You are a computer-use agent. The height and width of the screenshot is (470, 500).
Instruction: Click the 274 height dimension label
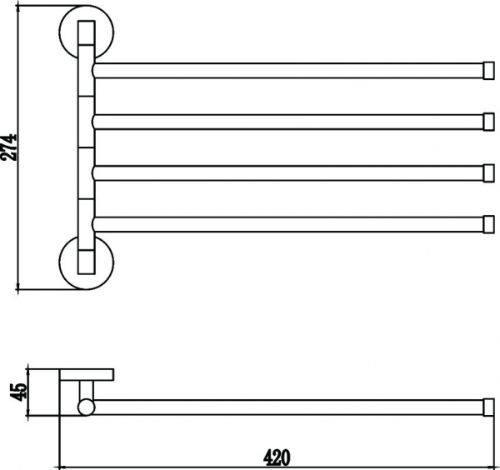[x=8, y=147]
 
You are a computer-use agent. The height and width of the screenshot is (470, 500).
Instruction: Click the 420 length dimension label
[x=277, y=457]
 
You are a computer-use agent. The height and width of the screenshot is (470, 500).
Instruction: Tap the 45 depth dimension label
[x=17, y=392]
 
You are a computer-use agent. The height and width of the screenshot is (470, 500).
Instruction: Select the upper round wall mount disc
[x=87, y=32]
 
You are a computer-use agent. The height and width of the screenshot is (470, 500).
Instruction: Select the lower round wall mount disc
[x=87, y=262]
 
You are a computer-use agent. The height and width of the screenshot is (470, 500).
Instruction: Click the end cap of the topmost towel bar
[x=489, y=71]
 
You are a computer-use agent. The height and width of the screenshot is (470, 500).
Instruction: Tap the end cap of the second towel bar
[x=489, y=122]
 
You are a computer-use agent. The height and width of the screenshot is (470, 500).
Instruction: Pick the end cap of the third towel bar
[x=489, y=173]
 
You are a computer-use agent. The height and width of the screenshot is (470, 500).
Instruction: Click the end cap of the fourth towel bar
[x=489, y=224]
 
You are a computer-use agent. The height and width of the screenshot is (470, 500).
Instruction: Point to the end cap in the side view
[x=489, y=407]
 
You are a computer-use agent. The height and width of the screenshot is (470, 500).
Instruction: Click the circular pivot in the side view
[x=87, y=407]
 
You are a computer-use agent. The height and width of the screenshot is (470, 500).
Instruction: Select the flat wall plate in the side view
[x=87, y=375]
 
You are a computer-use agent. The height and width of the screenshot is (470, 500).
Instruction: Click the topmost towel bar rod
[x=287, y=71]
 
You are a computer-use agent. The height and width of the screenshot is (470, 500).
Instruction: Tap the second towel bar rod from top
[x=287, y=122]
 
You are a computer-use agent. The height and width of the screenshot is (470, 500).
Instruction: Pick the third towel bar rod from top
[x=287, y=173]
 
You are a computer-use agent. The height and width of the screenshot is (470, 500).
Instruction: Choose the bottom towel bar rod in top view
[x=287, y=224]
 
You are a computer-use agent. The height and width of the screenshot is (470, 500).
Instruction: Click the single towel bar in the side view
[x=288, y=407]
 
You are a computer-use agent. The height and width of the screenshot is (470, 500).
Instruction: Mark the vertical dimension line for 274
[x=18, y=147]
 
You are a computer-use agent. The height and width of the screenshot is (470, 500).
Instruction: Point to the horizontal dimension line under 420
[x=277, y=467]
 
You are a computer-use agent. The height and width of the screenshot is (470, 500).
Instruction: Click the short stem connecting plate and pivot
[x=87, y=390]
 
